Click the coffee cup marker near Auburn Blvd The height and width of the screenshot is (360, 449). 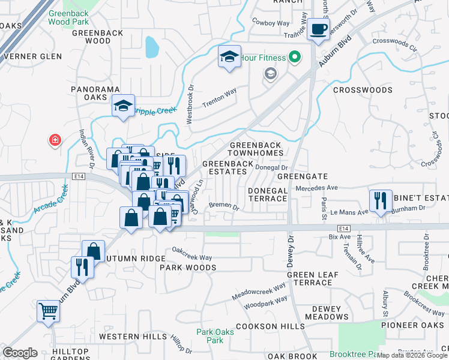coord(319,29)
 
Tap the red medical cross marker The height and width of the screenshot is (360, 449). coord(55,140)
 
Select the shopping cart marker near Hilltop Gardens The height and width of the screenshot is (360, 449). coord(48,311)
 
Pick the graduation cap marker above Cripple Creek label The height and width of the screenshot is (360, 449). coord(122,107)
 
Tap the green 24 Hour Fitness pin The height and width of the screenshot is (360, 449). coord(295,58)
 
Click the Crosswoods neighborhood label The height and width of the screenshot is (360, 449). coord(363,90)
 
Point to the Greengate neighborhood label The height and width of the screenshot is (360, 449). coord(302,176)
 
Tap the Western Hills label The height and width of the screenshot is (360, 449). coord(133,337)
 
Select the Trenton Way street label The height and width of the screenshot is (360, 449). coord(219,97)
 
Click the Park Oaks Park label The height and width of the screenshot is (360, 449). coord(210,335)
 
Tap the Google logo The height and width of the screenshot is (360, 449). coord(20,353)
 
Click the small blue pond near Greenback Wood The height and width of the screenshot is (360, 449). coord(151,46)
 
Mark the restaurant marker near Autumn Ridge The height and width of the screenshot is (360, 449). coord(82,268)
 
